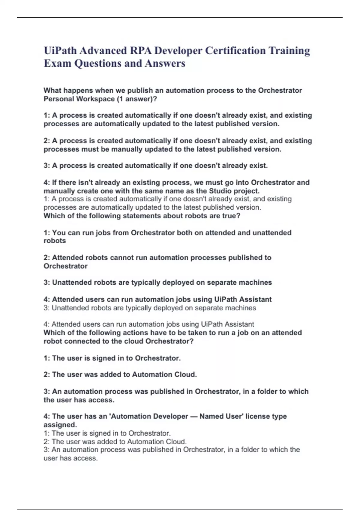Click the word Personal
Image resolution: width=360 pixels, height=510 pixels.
point(59,99)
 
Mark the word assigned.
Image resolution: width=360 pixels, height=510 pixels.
point(60,425)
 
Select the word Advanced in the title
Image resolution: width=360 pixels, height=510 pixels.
point(103,51)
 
